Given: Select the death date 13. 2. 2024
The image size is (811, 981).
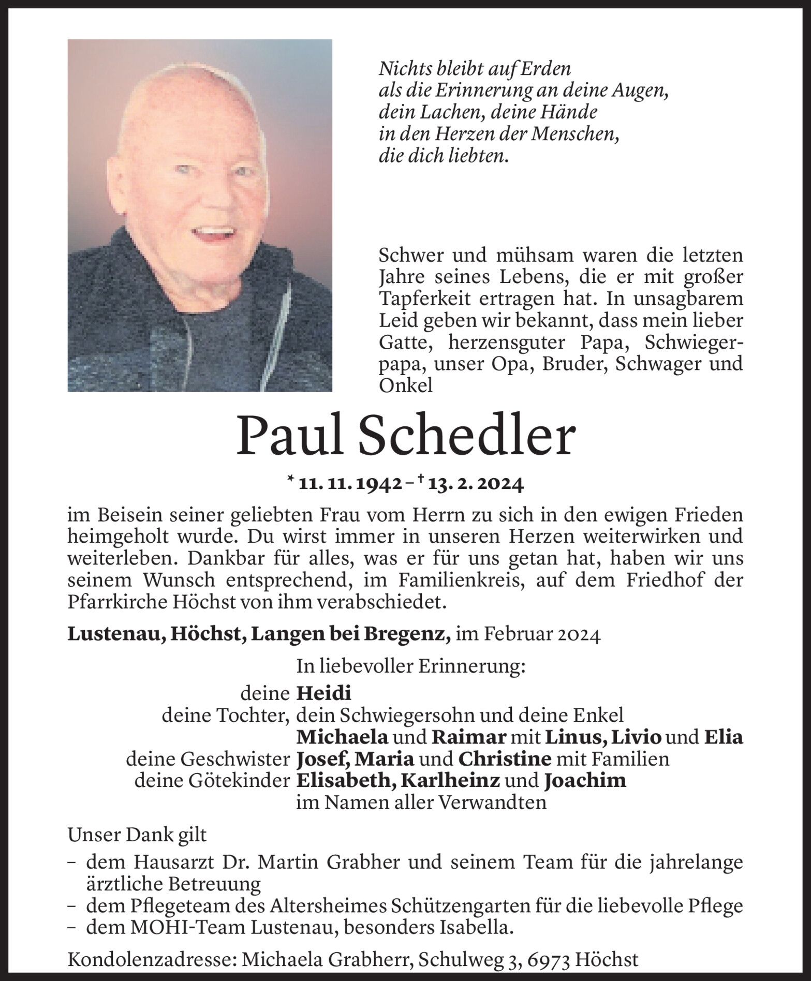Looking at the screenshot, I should [x=473, y=484].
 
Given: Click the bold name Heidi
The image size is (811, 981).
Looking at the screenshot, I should [x=323, y=693].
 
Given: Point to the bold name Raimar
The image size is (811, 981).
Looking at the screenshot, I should [x=469, y=737].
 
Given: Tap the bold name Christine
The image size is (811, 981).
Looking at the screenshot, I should [x=504, y=759].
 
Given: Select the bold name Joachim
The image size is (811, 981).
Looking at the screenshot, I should [x=585, y=780].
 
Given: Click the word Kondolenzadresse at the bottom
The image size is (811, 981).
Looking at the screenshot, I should [x=152, y=960].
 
